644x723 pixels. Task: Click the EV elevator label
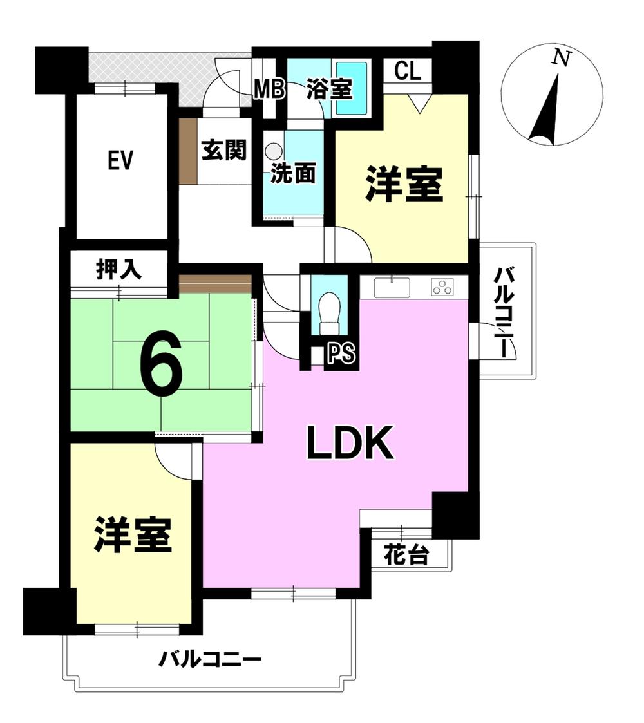[120, 160]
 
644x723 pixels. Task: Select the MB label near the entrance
[269, 89]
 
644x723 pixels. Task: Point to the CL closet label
[408, 71]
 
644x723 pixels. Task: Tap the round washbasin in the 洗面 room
[274, 152]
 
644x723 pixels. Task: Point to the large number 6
[160, 362]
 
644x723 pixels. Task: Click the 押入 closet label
[118, 270]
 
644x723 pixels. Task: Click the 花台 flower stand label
[406, 554]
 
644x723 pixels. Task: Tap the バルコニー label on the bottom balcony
[210, 659]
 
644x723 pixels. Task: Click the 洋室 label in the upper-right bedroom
[404, 185]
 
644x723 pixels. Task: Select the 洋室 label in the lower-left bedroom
[133, 534]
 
